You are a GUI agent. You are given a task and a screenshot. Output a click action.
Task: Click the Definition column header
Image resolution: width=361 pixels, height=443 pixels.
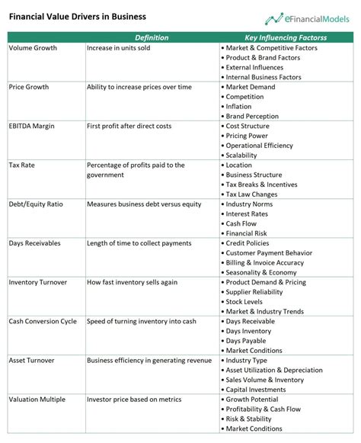152,37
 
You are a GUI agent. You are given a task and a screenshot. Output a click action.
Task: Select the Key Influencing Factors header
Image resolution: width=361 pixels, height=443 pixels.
286,37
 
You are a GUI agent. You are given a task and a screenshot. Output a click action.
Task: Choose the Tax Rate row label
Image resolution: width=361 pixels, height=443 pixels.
22,165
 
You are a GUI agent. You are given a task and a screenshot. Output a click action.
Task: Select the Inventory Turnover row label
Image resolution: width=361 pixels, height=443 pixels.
38,282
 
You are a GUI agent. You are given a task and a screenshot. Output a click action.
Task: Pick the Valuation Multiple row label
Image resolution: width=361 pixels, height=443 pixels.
37,399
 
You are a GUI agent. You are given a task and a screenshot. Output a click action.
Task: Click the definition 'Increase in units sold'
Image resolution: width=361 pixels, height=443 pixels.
118,48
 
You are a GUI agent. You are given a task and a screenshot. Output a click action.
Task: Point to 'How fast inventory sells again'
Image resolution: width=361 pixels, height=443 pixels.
132,282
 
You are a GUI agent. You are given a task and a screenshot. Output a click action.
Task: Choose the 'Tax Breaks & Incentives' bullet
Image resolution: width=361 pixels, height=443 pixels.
262,185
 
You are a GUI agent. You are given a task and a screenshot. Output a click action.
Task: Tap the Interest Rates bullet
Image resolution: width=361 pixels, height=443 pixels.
248,213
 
